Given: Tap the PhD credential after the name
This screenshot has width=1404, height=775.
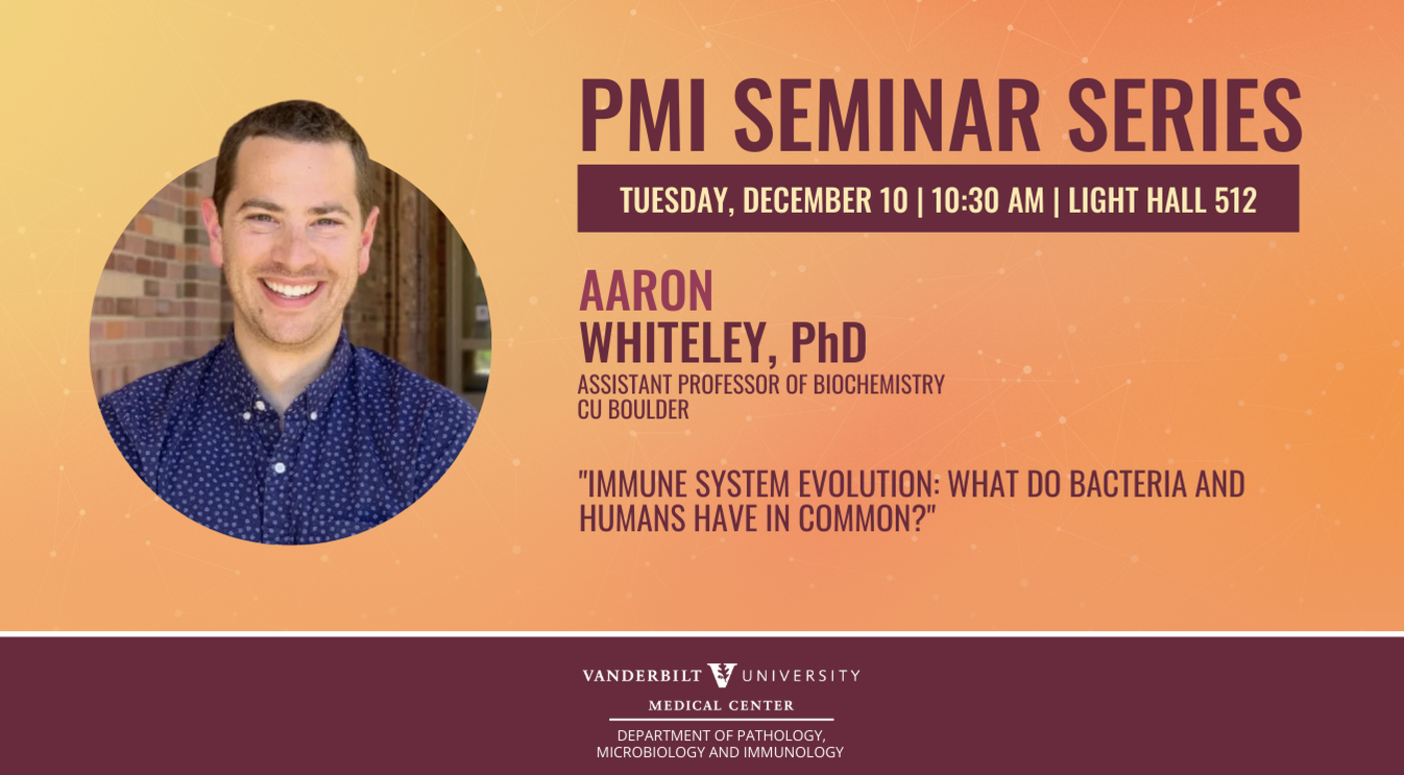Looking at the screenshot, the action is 828,342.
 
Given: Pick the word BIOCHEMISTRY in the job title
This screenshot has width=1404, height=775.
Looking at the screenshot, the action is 879,385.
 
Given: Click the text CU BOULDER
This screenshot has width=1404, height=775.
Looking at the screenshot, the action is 633,409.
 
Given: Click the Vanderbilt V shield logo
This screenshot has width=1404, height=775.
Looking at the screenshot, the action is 722,675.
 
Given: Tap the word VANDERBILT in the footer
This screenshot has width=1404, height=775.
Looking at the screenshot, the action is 642,676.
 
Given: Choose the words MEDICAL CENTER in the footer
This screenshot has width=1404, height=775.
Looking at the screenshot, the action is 721,706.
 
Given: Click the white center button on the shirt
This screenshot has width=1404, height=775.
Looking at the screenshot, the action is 280,468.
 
